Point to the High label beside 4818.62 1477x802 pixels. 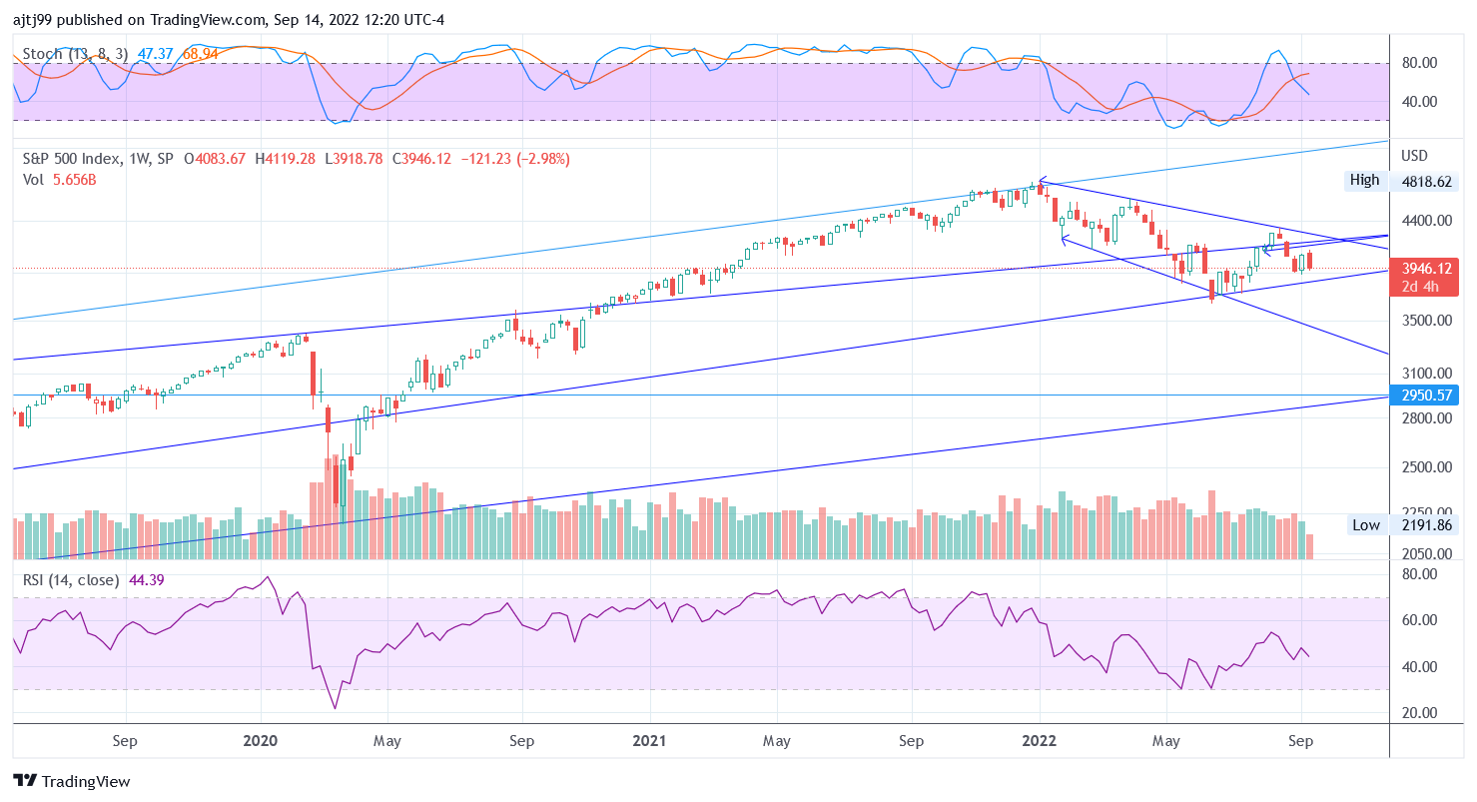click(1364, 180)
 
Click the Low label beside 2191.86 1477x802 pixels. click(1365, 524)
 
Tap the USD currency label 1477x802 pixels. click(1415, 156)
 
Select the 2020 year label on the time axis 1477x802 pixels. click(260, 741)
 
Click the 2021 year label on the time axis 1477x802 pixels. click(650, 741)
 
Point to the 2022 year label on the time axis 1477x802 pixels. click(1040, 741)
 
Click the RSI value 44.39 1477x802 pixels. click(147, 579)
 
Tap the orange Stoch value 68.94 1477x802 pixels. click(197, 53)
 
